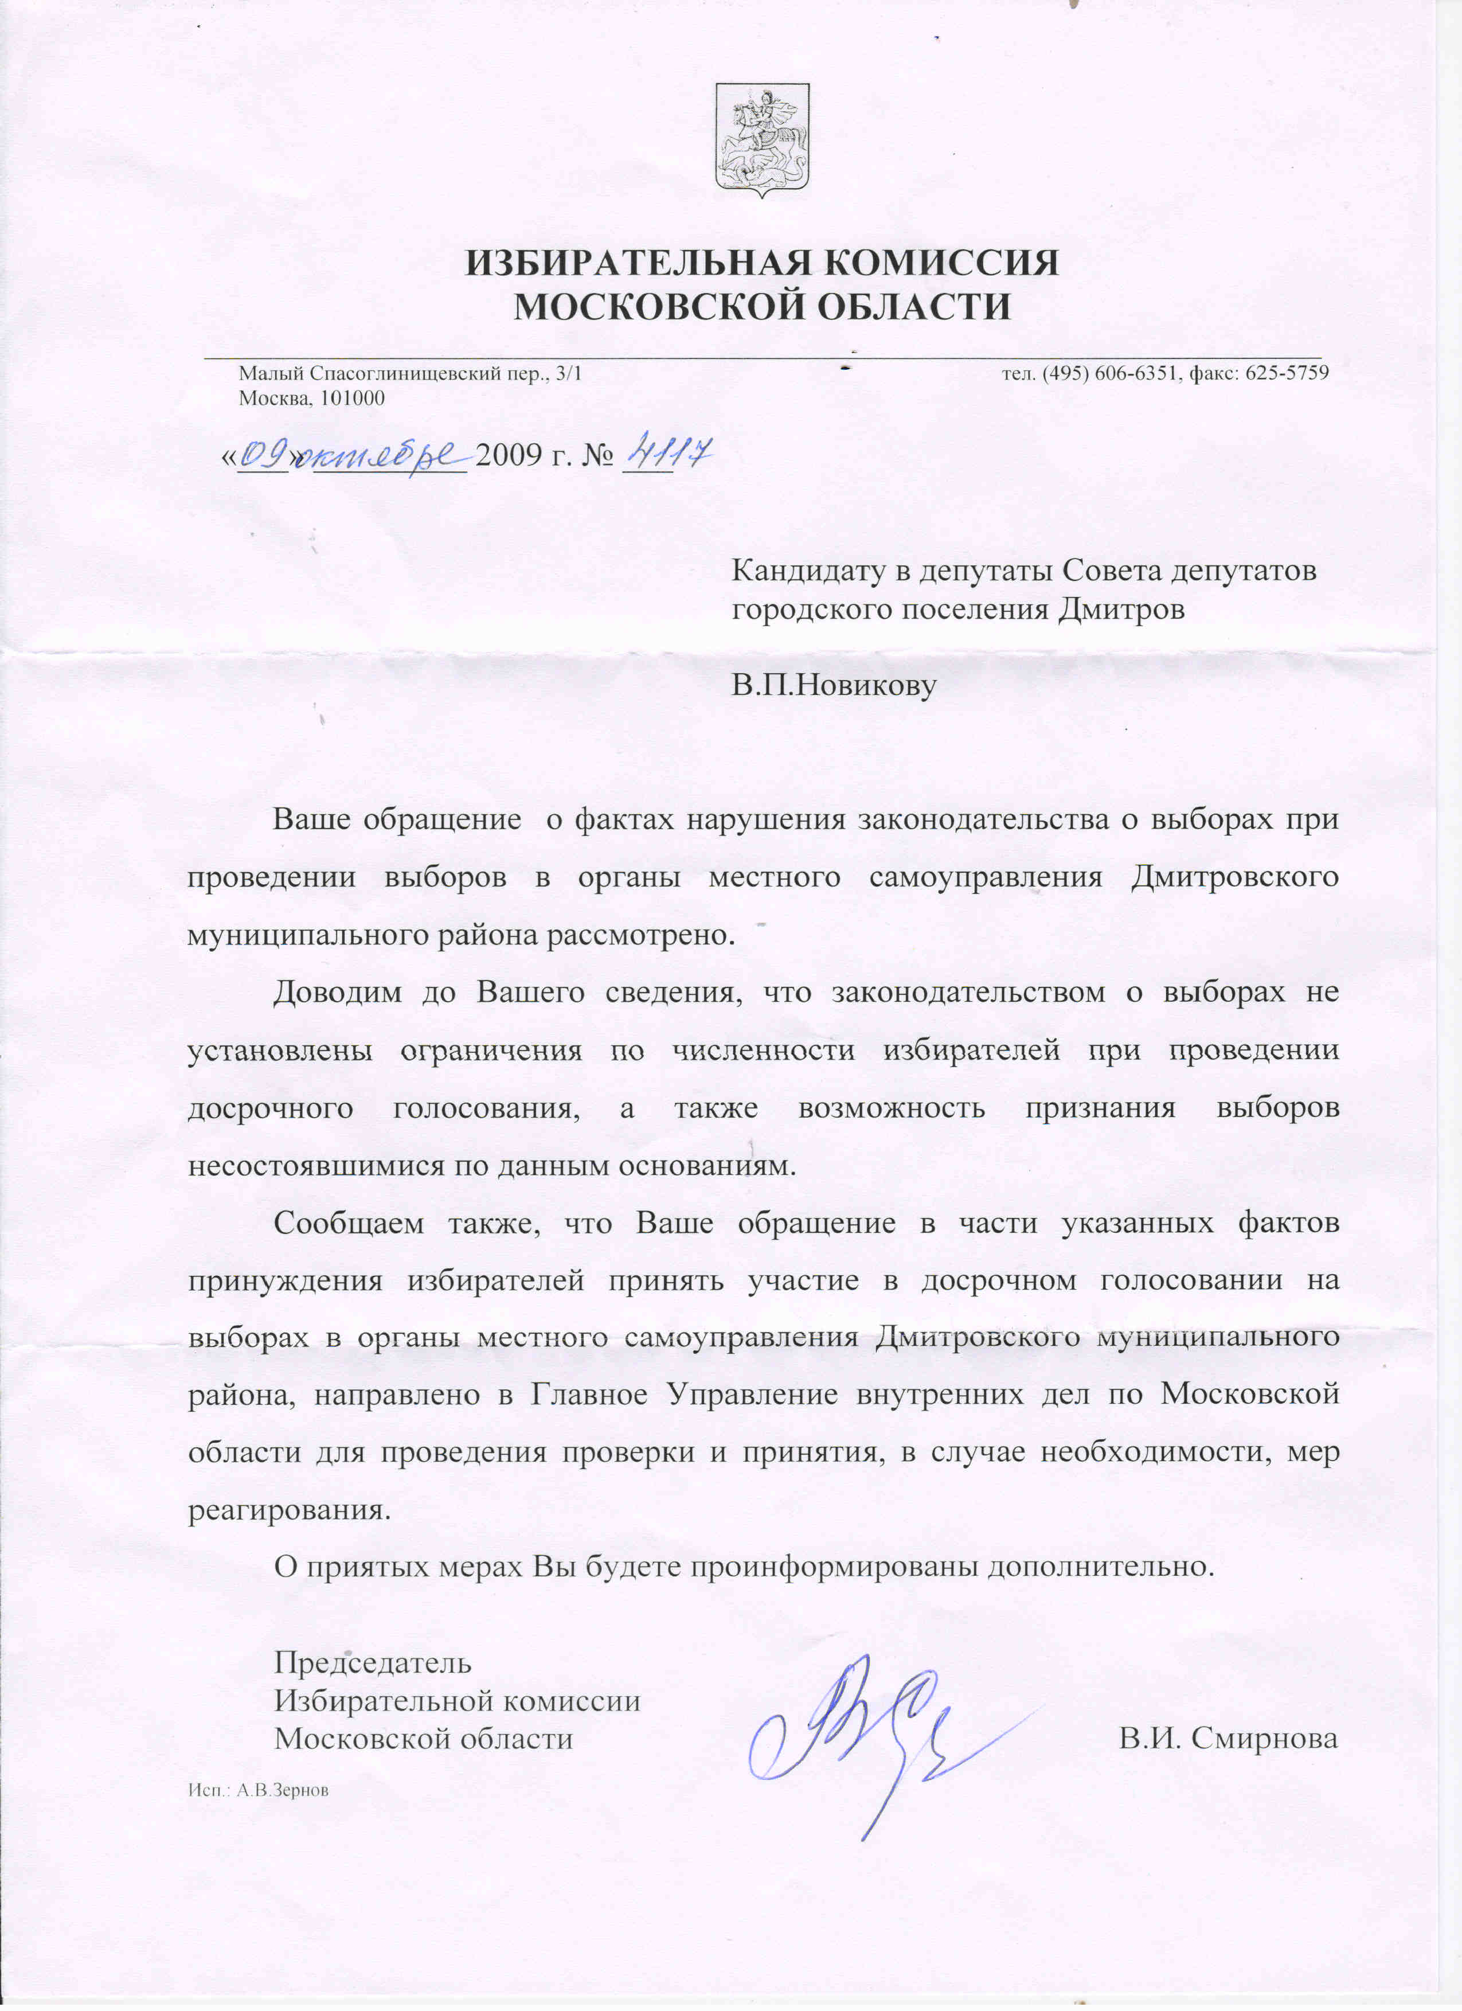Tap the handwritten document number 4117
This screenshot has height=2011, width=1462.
667,455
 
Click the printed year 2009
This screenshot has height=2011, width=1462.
508,456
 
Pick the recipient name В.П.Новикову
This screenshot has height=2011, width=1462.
834,685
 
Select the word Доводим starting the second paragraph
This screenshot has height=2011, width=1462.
338,991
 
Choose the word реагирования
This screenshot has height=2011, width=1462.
289,1510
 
